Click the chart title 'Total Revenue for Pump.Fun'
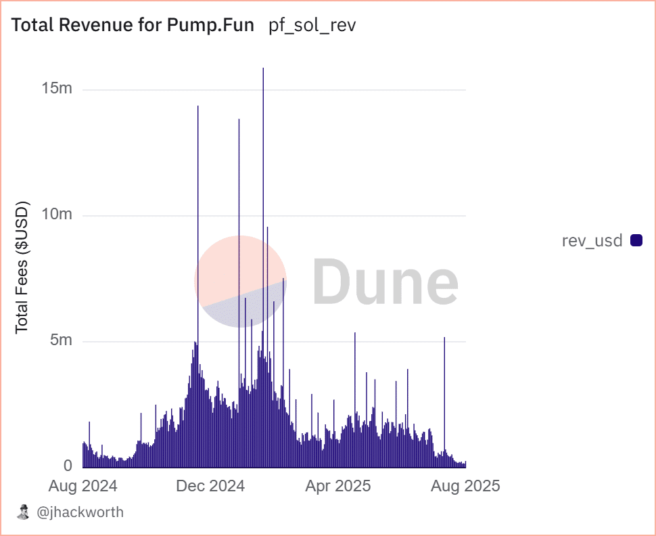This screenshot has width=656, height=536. click(x=133, y=26)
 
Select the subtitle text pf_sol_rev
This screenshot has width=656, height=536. click(x=312, y=26)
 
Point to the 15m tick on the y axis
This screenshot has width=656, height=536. click(x=57, y=89)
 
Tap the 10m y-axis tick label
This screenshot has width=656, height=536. click(x=57, y=215)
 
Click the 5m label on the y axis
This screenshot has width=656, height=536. click(x=61, y=340)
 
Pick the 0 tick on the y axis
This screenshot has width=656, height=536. click(x=68, y=466)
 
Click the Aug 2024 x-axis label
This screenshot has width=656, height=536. click(x=83, y=486)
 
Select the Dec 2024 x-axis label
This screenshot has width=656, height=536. click(x=210, y=486)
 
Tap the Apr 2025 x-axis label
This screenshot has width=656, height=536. click(x=338, y=486)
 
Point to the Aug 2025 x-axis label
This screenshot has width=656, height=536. click(x=466, y=486)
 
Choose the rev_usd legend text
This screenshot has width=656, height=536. click(x=592, y=240)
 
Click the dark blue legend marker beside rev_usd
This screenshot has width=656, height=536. click(x=636, y=240)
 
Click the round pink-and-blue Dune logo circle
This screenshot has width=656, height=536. click(x=241, y=282)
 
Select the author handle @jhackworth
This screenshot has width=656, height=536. click(x=79, y=512)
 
